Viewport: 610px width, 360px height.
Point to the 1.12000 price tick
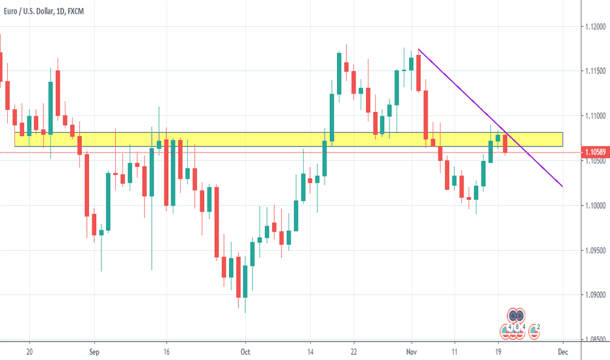click(594, 27)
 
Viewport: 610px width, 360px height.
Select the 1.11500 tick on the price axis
click(594, 71)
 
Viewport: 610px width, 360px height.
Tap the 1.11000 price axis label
click(594, 116)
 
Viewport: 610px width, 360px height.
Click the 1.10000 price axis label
click(594, 206)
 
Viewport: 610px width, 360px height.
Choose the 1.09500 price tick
click(594, 251)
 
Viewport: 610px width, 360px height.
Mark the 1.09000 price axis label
click(594, 295)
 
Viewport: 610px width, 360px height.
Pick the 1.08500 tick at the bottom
click(594, 340)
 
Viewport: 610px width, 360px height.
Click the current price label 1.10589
click(594, 153)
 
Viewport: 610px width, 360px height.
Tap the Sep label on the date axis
click(94, 351)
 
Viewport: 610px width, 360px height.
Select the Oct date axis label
click(245, 351)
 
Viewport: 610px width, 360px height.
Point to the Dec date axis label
click(562, 351)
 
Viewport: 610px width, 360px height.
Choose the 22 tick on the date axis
click(353, 351)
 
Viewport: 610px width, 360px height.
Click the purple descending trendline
click(491, 118)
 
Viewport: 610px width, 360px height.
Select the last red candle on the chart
click(505, 143)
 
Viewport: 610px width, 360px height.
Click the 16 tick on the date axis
click(167, 351)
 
